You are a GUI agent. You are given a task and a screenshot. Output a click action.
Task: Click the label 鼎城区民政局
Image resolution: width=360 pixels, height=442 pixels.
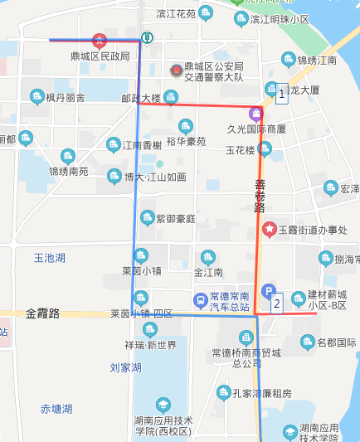102,56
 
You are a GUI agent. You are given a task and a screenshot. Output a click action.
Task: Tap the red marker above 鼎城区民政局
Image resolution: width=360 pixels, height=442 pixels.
100,40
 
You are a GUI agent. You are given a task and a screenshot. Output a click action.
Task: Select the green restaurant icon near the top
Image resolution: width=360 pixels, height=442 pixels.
147,37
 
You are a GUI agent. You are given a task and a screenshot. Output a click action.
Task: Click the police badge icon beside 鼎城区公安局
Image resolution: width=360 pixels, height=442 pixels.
174,71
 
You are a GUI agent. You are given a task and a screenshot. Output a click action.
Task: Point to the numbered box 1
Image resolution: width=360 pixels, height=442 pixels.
282,95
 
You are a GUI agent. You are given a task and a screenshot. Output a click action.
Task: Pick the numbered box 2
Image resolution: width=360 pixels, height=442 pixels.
276,303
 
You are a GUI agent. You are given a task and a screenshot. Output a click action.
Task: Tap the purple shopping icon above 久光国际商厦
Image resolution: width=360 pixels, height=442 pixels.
256,113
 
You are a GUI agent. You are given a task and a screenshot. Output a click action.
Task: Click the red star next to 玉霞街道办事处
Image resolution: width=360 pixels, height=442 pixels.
269,229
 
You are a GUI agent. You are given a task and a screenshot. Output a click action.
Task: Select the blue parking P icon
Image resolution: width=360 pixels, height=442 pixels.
267,291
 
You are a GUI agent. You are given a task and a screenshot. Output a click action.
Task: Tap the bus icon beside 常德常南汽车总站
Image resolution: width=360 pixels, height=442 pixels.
200,299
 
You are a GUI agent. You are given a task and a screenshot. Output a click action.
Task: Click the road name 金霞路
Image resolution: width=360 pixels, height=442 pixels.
43,313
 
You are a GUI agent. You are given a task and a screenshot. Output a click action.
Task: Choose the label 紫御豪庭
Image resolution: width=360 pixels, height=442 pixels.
176,219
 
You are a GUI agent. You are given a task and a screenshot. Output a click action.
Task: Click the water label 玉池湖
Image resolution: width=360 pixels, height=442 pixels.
49,258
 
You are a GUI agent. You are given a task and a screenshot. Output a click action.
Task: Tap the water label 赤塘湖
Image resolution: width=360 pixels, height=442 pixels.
56,409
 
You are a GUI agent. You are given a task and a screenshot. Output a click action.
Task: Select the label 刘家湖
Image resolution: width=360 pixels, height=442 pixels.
125,367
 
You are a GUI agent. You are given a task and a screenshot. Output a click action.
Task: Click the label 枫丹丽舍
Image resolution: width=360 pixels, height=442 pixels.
66,98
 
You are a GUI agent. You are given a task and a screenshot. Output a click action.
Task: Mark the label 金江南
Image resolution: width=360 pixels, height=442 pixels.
208,272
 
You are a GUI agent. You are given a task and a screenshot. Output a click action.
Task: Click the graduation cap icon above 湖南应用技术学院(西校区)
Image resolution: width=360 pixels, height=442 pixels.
163,405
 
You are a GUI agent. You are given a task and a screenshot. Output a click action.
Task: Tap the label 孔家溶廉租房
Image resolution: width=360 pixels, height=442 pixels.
262,393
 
